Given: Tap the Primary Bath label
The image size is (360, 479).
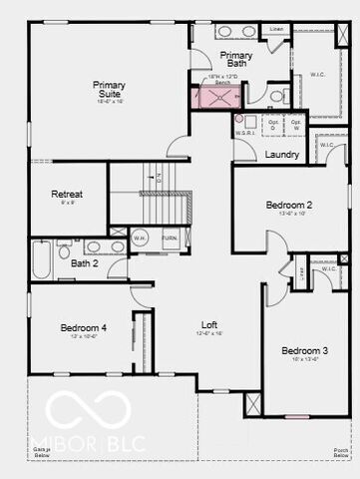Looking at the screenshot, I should click(236, 60).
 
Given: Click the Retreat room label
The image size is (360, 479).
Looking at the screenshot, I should click(68, 195).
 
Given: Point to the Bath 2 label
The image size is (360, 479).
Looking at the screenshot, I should click(85, 263).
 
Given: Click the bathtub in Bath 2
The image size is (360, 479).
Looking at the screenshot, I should click(40, 258).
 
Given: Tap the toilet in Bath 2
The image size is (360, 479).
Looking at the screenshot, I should click(64, 249).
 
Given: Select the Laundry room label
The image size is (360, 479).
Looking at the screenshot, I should click(283, 155).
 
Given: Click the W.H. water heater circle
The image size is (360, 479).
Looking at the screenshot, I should click(141, 239).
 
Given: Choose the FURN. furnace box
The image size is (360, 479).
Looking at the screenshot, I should click(170, 239).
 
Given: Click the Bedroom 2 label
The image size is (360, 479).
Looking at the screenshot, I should click(289, 206).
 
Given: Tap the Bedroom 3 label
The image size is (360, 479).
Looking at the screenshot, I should click(304, 351).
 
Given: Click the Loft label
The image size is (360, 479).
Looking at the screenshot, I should click(209, 325).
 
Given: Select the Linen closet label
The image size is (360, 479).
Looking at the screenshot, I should click(276, 30).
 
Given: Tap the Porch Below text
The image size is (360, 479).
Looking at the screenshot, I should click(341, 453).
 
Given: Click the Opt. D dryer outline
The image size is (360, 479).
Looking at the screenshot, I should click(273, 125).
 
